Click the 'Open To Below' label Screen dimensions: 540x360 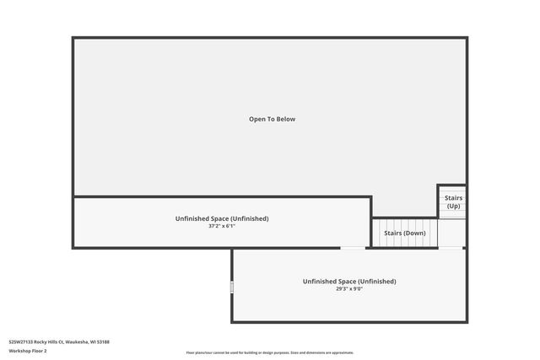coord(272,119)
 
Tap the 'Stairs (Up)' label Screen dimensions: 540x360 coord(453,202)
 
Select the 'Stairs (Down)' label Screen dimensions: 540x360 coord(405,233)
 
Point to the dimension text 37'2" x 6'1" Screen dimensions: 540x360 coord(222,226)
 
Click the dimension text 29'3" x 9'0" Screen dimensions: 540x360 coord(349,288)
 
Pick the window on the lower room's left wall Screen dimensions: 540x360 coord(232,287)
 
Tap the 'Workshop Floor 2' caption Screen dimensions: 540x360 coord(28,351)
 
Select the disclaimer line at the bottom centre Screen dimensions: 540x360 coord(270,352)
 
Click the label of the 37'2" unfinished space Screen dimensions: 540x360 coord(222,218)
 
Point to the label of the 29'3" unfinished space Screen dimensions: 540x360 coord(349,282)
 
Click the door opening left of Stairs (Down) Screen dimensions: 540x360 coord(353,248)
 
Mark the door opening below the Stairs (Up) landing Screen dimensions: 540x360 coord(451,248)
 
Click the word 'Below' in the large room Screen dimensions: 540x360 coord(285,119)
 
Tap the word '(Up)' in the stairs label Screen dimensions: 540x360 coord(453,207)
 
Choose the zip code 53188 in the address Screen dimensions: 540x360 coord(103,342)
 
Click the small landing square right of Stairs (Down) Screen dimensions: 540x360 coord(452,233)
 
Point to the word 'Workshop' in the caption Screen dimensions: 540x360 coord(19,351)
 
